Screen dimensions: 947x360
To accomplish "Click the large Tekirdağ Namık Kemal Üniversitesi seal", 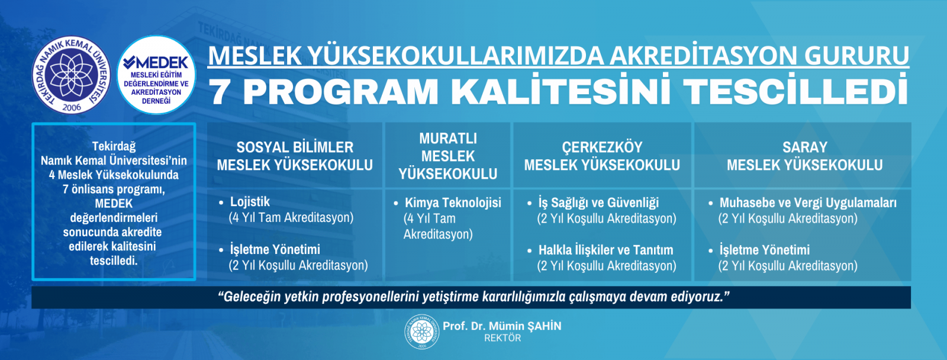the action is coord(71,75).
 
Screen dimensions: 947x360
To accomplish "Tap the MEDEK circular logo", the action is coord(156,75).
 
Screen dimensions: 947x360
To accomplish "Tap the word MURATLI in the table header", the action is coord(447,139).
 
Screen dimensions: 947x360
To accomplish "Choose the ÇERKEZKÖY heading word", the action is coord(602,147).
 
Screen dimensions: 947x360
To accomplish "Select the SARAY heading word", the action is coord(804,147).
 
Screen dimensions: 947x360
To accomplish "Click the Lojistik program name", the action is coord(250,202).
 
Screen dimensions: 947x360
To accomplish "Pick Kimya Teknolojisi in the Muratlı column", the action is coord(453,202).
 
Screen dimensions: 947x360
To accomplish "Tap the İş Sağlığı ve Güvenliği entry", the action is coord(598,202).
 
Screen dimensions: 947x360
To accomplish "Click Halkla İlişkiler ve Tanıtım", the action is coord(606,250).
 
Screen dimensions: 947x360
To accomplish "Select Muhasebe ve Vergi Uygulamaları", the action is coord(808,202).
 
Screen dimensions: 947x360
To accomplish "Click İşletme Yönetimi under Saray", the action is coord(764,250).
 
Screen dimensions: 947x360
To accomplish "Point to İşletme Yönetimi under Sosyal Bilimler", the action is coord(275,249).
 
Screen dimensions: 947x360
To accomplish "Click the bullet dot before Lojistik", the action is coord(221,203).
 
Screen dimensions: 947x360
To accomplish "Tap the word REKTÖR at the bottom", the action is coord(503,338).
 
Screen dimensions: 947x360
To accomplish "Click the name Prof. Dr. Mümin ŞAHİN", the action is coord(502,326).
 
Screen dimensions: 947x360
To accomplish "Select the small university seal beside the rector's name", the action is coord(421,332).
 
